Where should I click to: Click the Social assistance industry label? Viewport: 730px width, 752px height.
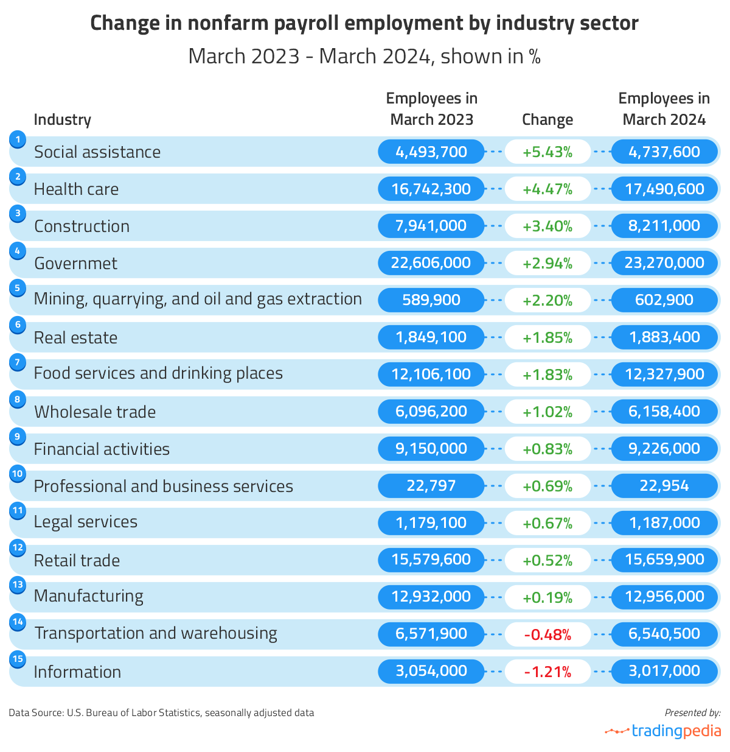click(x=97, y=152)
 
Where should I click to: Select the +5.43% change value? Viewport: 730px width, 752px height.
click(x=547, y=152)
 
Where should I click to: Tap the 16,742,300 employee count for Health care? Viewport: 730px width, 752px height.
click(x=431, y=189)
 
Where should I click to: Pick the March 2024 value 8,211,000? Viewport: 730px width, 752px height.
click(x=664, y=226)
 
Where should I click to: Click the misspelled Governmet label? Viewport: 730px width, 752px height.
click(x=75, y=263)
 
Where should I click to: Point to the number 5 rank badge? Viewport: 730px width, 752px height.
click(x=18, y=287)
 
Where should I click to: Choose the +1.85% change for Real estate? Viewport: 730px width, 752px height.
click(x=547, y=337)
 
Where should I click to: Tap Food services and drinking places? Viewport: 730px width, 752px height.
click(x=158, y=373)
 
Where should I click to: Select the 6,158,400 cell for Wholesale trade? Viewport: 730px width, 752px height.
click(x=664, y=412)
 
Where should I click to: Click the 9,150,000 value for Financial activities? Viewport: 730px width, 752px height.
click(x=431, y=449)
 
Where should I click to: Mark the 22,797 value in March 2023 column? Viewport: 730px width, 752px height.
click(x=431, y=486)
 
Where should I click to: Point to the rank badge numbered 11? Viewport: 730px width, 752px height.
click(x=18, y=510)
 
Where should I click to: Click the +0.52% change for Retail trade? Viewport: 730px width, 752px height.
click(x=547, y=560)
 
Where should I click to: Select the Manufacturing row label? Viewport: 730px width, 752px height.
click(x=89, y=596)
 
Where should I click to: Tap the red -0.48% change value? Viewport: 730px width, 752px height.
click(x=547, y=634)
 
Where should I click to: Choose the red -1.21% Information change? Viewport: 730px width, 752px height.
click(x=547, y=672)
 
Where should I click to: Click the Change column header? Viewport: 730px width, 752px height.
click(x=547, y=119)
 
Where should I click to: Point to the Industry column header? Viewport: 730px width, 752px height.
click(x=62, y=119)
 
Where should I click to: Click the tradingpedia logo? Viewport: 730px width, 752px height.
click(x=663, y=731)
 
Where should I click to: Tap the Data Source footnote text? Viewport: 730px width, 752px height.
click(x=161, y=712)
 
